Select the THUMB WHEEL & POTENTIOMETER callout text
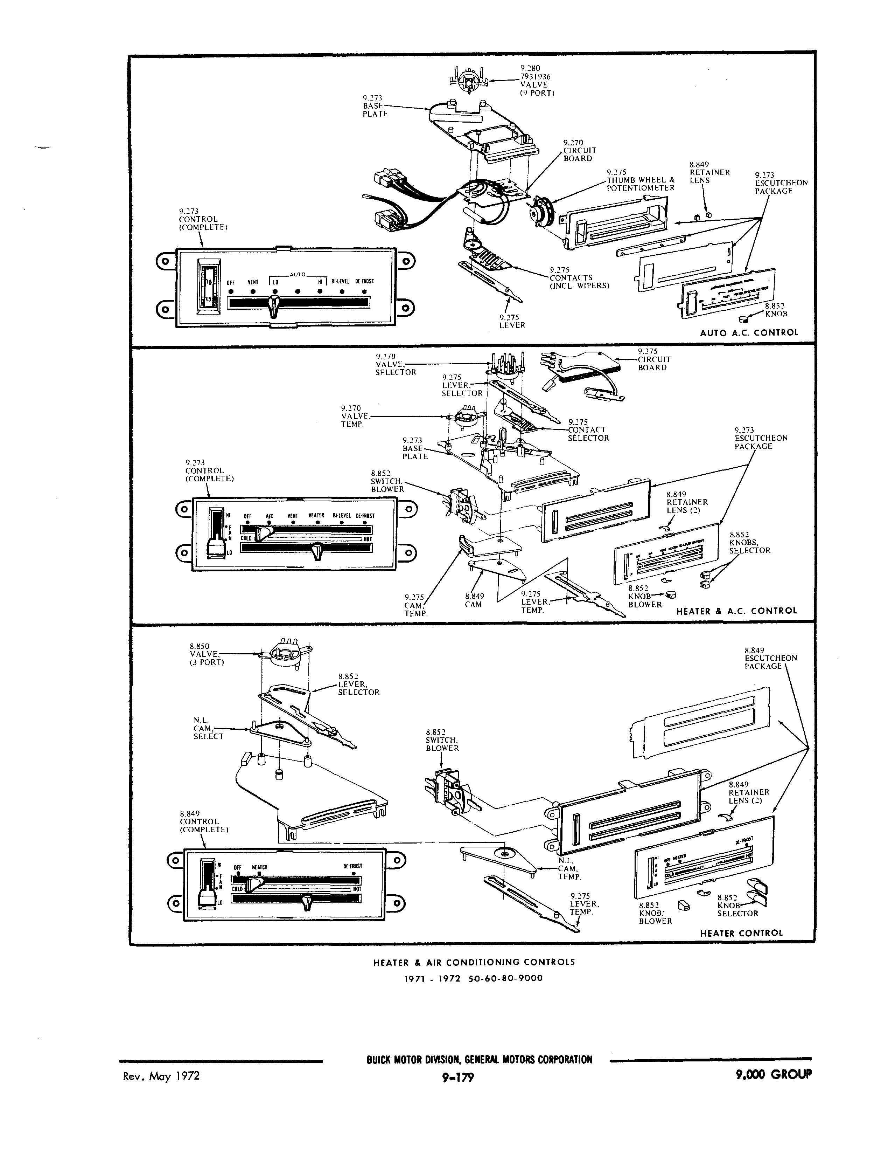click(640, 184)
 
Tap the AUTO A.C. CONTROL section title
click(749, 332)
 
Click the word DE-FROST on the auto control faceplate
click(364, 281)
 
